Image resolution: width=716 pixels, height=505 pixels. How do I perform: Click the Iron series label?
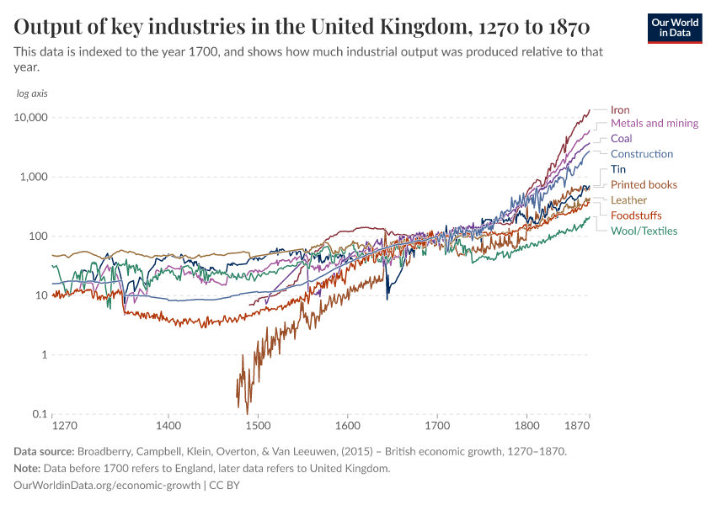tap(620, 109)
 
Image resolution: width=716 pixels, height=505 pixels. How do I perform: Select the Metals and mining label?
tap(654, 123)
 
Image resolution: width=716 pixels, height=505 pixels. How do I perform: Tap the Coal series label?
tap(621, 138)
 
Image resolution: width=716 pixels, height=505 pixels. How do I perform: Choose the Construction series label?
tap(641, 154)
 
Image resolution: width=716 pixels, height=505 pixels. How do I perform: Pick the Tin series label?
tap(617, 169)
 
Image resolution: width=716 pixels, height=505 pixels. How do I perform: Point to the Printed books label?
tap(644, 184)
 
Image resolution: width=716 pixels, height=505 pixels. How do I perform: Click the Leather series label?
tap(628, 200)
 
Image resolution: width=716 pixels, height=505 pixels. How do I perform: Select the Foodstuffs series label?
tap(636, 215)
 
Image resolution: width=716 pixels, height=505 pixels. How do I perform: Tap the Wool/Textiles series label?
tap(644, 231)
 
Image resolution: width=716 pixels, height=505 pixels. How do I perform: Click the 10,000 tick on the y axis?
tap(30, 118)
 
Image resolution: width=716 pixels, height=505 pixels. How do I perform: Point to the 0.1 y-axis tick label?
tap(37, 414)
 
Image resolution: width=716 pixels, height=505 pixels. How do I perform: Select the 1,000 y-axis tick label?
tap(33, 177)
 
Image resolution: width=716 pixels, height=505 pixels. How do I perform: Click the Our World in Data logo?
tap(675, 28)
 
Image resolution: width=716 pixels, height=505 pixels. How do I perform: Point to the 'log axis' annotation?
tap(32, 93)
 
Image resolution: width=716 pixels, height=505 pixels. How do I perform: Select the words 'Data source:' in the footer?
tap(45, 451)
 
